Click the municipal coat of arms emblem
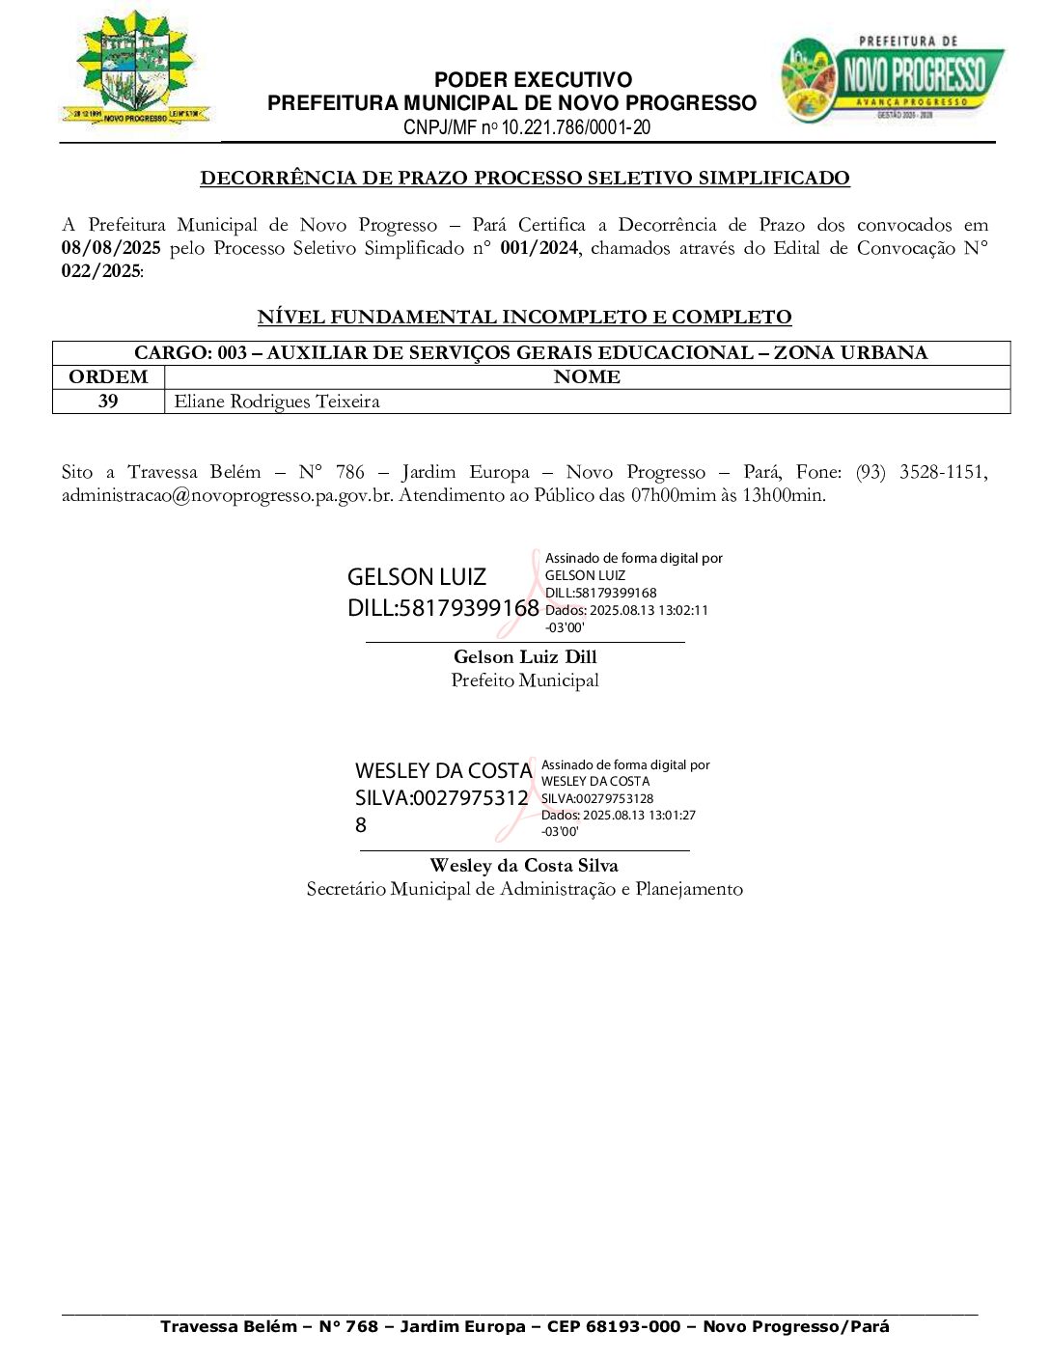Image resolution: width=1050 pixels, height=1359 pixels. tap(135, 69)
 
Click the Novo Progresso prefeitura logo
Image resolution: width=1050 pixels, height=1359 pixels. tap(892, 79)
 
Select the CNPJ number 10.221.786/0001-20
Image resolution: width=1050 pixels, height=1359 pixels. tap(576, 127)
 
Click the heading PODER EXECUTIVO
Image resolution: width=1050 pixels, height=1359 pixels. tap(533, 80)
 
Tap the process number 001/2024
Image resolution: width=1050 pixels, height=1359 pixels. tap(539, 248)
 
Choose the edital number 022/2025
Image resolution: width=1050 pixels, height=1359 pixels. tap(100, 271)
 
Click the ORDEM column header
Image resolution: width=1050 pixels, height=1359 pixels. tap(108, 377)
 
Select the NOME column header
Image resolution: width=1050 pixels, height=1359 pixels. tap(587, 377)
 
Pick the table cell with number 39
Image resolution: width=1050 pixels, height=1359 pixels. tap(108, 402)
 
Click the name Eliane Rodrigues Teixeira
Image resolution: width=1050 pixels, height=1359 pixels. tap(277, 402)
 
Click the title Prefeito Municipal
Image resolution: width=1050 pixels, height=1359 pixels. tap(525, 680)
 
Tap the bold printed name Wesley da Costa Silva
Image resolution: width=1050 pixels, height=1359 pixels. tap(524, 866)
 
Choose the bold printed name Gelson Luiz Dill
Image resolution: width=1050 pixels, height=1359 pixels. tap(525, 657)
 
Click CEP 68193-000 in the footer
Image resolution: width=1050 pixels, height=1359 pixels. tap(614, 1326)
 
